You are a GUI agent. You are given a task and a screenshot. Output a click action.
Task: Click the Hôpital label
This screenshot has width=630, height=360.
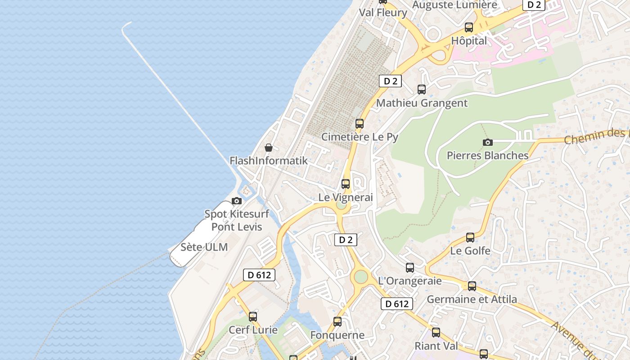tap(469, 40)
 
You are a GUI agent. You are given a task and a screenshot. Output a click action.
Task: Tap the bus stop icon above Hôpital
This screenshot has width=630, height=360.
tap(469, 27)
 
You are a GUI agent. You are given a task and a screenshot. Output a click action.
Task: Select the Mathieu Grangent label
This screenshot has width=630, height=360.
tap(422, 103)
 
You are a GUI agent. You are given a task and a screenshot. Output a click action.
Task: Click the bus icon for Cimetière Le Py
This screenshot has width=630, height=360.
tap(359, 123)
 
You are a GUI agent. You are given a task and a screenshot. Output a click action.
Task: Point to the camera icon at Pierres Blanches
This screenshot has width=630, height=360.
tap(487, 143)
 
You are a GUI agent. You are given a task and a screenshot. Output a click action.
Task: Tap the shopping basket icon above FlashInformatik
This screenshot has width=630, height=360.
tap(269, 148)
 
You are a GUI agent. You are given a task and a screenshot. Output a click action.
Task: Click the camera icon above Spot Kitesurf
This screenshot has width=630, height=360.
tap(237, 201)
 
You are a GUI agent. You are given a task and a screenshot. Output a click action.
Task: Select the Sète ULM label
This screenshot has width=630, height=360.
tap(204, 247)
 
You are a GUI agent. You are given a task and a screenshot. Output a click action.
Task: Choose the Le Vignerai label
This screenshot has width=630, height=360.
tap(346, 197)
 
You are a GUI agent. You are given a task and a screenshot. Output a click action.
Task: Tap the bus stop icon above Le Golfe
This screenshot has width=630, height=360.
tap(470, 237)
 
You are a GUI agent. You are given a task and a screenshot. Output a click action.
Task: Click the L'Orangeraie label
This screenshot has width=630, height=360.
tap(410, 281)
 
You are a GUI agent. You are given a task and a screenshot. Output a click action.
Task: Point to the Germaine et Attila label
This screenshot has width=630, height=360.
tap(472, 299)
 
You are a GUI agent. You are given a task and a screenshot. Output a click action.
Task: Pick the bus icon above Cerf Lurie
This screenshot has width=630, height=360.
tap(253, 316)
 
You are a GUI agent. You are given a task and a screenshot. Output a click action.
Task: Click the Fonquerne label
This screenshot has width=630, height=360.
tap(337, 335)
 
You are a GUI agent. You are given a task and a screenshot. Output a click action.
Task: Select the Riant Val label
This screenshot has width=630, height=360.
tap(436, 346)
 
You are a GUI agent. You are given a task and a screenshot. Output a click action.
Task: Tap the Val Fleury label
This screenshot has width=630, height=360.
tap(383, 13)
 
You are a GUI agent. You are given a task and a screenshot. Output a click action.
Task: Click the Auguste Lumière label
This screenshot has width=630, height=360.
tap(454, 5)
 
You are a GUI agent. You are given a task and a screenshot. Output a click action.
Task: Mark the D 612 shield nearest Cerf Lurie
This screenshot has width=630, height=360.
tap(259, 275)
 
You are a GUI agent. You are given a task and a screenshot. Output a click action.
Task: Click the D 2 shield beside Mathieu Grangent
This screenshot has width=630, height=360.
tap(390, 81)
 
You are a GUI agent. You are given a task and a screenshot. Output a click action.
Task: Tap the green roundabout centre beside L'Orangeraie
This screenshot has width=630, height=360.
tap(360, 277)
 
